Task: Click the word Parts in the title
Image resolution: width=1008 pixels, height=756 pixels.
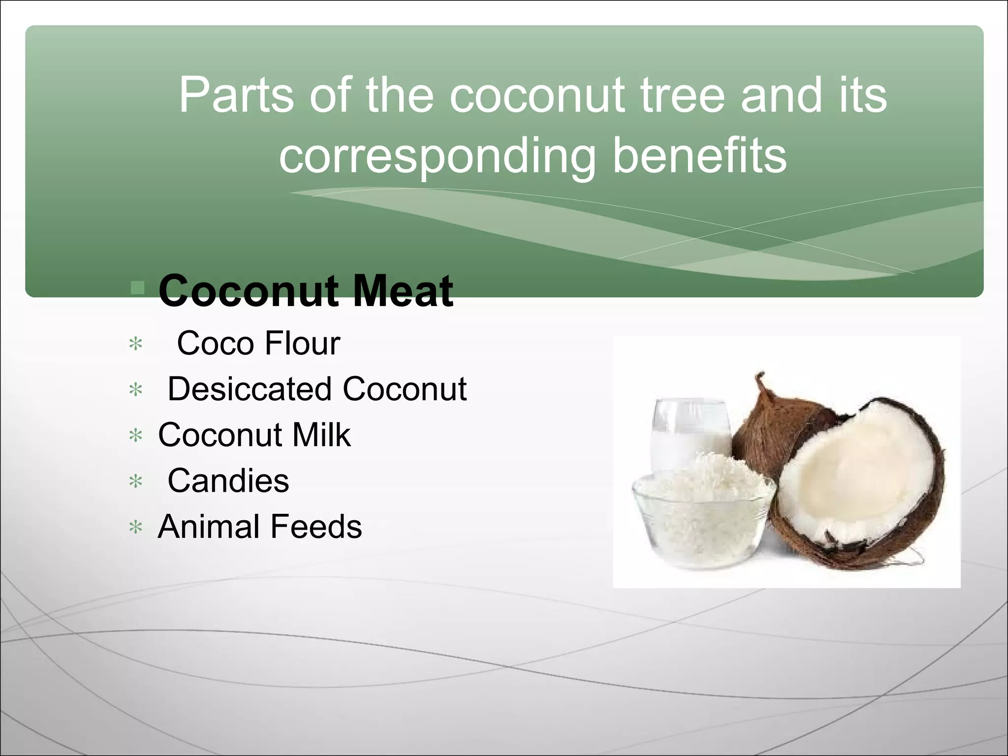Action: click(x=236, y=95)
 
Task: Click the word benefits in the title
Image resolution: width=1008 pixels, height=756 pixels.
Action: click(x=699, y=156)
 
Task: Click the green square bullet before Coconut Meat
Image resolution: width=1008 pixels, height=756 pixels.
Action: click(x=138, y=288)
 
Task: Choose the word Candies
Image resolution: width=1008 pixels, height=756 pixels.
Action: click(x=228, y=481)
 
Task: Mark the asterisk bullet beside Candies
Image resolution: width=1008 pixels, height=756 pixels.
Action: click(x=135, y=482)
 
